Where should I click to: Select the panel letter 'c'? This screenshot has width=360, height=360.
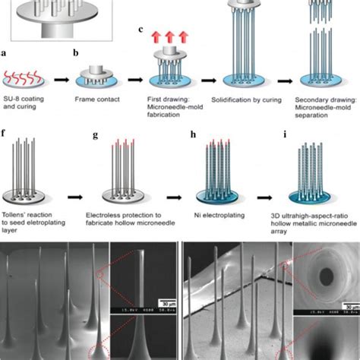141,30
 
